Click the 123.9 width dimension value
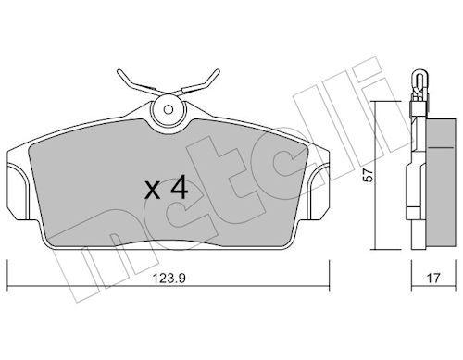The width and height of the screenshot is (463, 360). click(169, 279)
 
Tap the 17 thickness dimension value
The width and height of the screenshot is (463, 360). click(433, 279)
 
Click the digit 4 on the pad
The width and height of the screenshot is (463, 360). click(180, 187)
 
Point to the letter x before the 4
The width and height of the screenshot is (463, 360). click(153, 191)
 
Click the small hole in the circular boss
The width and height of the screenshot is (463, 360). click(169, 109)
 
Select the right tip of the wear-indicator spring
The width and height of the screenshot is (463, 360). click(218, 71)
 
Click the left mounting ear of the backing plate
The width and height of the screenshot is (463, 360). click(17, 192)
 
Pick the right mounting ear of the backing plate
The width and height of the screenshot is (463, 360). click(319, 192)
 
